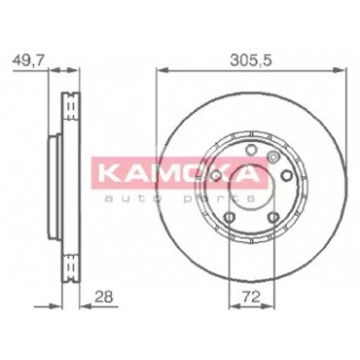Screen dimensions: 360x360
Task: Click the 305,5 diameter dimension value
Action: point(250,60)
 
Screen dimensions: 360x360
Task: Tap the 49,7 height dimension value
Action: point(27,60)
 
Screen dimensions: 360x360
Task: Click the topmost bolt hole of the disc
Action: point(250,151)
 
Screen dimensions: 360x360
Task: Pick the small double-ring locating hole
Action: point(272,158)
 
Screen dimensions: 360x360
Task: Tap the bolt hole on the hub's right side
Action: point(286,175)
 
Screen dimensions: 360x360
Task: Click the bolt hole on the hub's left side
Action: point(215,176)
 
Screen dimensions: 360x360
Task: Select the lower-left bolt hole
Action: point(230,217)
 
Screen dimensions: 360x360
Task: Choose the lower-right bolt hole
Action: point(274,216)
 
